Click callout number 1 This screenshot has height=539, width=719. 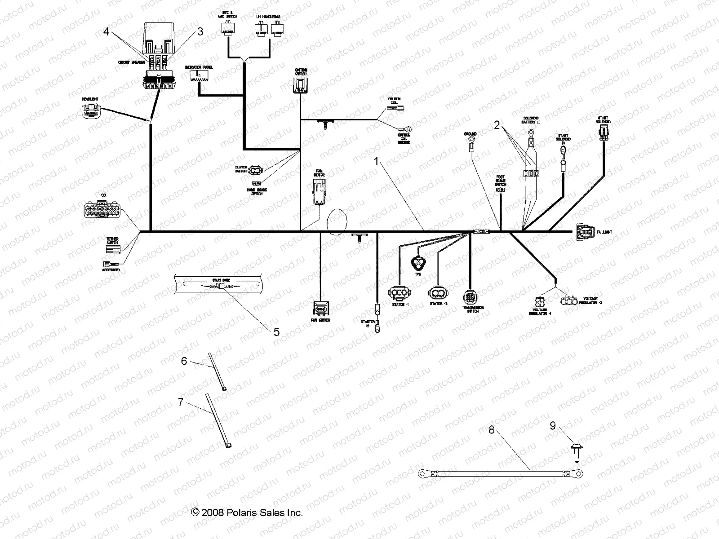[x=377, y=162]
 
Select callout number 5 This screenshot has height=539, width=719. [x=276, y=332]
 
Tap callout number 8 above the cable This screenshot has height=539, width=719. [x=491, y=430]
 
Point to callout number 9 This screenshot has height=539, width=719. [x=553, y=426]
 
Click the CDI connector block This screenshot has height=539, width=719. [x=102, y=209]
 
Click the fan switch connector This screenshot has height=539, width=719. [x=321, y=309]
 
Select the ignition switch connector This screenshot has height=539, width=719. [x=301, y=84]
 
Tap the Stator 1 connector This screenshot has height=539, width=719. [x=398, y=293]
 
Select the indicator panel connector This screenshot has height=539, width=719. [x=198, y=75]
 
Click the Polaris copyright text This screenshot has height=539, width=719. [x=247, y=512]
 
